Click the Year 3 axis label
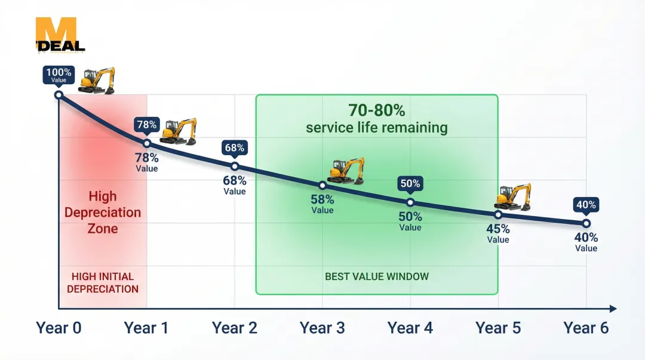coord(322,328)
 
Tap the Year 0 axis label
coord(59,328)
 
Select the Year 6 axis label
coord(586,328)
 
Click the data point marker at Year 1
coord(147,143)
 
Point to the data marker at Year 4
coord(410,202)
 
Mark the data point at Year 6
coord(586,223)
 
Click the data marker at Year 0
coord(59,95)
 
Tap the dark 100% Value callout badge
coord(59,75)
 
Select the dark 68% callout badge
coord(235,148)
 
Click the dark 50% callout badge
coord(410,184)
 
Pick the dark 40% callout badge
coord(586,205)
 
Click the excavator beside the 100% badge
coord(97,81)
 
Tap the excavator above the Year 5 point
coord(513,197)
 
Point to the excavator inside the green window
coord(346,171)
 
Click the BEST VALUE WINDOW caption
coord(377,276)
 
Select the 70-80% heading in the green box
coord(377,110)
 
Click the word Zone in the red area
coord(103,228)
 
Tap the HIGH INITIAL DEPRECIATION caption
coord(103,282)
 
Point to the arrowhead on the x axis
coord(613,309)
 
